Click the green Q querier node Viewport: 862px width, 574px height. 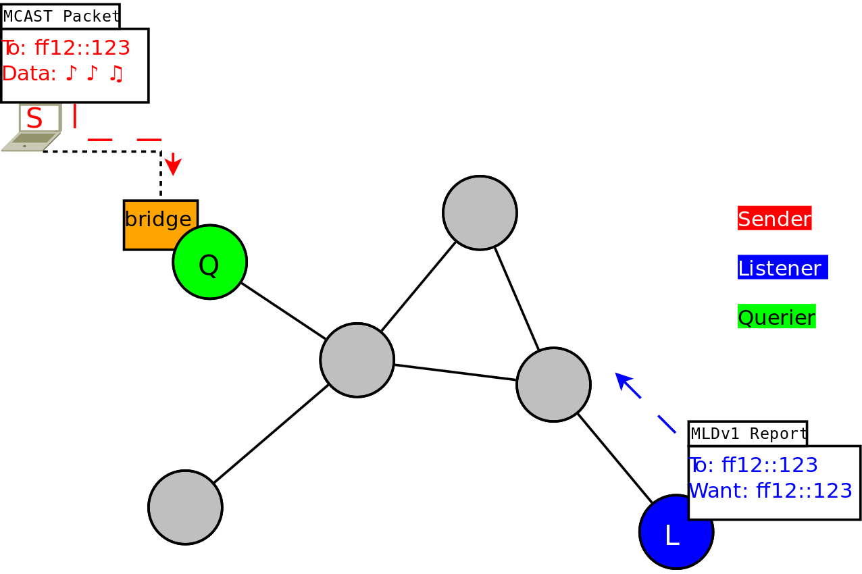(209, 262)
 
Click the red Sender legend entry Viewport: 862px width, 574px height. (775, 218)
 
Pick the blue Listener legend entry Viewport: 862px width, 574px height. (783, 267)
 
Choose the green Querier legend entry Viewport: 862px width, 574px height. (777, 316)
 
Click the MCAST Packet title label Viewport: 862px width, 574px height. (61, 16)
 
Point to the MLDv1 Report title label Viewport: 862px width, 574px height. (748, 434)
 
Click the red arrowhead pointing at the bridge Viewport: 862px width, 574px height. (173, 165)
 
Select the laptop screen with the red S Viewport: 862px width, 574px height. (40, 118)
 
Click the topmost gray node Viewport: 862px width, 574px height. (480, 213)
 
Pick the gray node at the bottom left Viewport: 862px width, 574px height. (185, 507)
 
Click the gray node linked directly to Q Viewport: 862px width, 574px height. (357, 360)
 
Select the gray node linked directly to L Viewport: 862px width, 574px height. (553, 385)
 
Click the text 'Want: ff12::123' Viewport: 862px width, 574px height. (770, 490)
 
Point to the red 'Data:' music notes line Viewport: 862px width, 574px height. (63, 73)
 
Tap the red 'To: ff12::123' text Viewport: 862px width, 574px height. (66, 48)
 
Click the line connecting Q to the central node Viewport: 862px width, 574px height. (283, 311)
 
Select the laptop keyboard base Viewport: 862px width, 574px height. (32, 142)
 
